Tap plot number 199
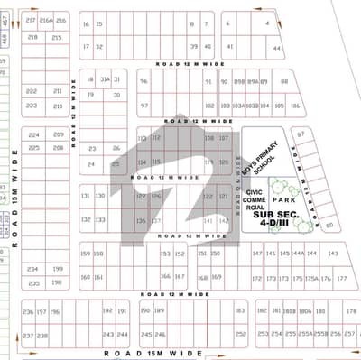(58, 269)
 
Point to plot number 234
(32, 269)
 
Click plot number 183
(240, 311)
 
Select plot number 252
(241, 334)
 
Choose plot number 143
(333, 254)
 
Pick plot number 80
(329, 225)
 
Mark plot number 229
(33, 134)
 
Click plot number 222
(32, 92)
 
